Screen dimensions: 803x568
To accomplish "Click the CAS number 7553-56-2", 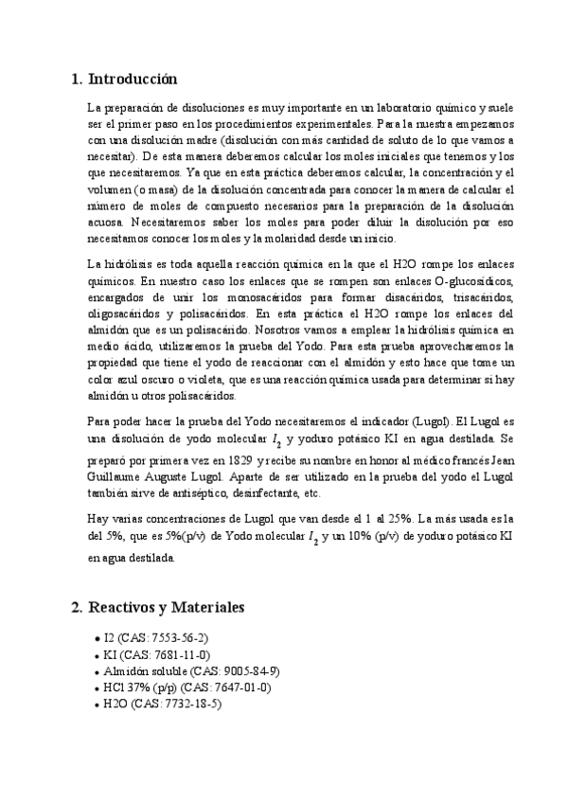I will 174,638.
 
